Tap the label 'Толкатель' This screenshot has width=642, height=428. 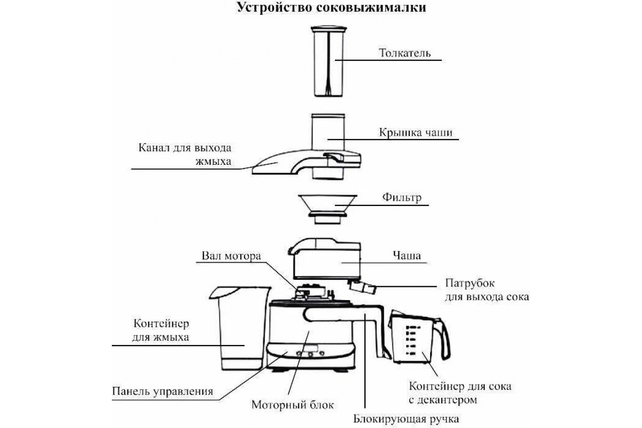click(404, 53)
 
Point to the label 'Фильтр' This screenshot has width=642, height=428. click(402, 197)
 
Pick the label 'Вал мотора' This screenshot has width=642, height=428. click(231, 256)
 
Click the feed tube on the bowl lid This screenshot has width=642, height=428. click(328, 132)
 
